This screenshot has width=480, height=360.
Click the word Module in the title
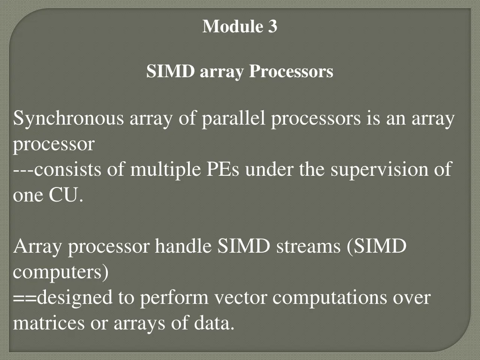coord(232,27)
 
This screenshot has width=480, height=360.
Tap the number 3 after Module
coord(273,27)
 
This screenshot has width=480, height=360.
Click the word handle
coord(184,246)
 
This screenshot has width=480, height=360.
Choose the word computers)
coord(60,272)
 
